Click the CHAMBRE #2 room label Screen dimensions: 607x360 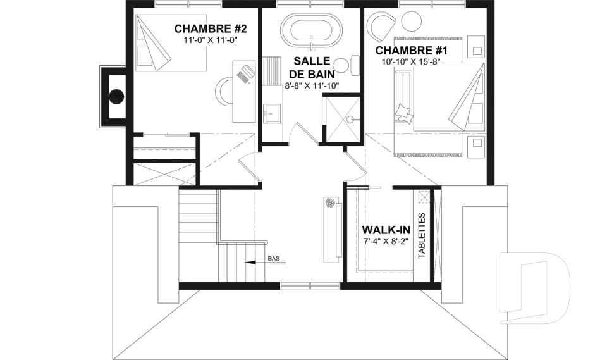(211, 28)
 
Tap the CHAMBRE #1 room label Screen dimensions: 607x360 (412, 51)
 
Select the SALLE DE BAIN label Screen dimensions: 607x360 (312, 67)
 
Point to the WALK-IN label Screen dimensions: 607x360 (386, 230)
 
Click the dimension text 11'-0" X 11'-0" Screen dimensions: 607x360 (211, 39)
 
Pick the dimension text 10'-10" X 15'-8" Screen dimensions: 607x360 (411, 61)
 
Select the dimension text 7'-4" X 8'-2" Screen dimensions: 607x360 (386, 241)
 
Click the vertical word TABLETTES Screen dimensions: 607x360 (422, 235)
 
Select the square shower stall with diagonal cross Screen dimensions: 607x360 (343, 120)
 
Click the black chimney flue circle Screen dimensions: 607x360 (116, 96)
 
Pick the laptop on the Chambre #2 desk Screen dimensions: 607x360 (245, 73)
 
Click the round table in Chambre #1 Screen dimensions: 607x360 (411, 22)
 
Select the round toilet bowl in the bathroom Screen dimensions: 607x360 (341, 66)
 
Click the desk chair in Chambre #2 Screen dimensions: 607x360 (221, 90)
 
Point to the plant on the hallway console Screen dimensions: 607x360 (331, 202)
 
